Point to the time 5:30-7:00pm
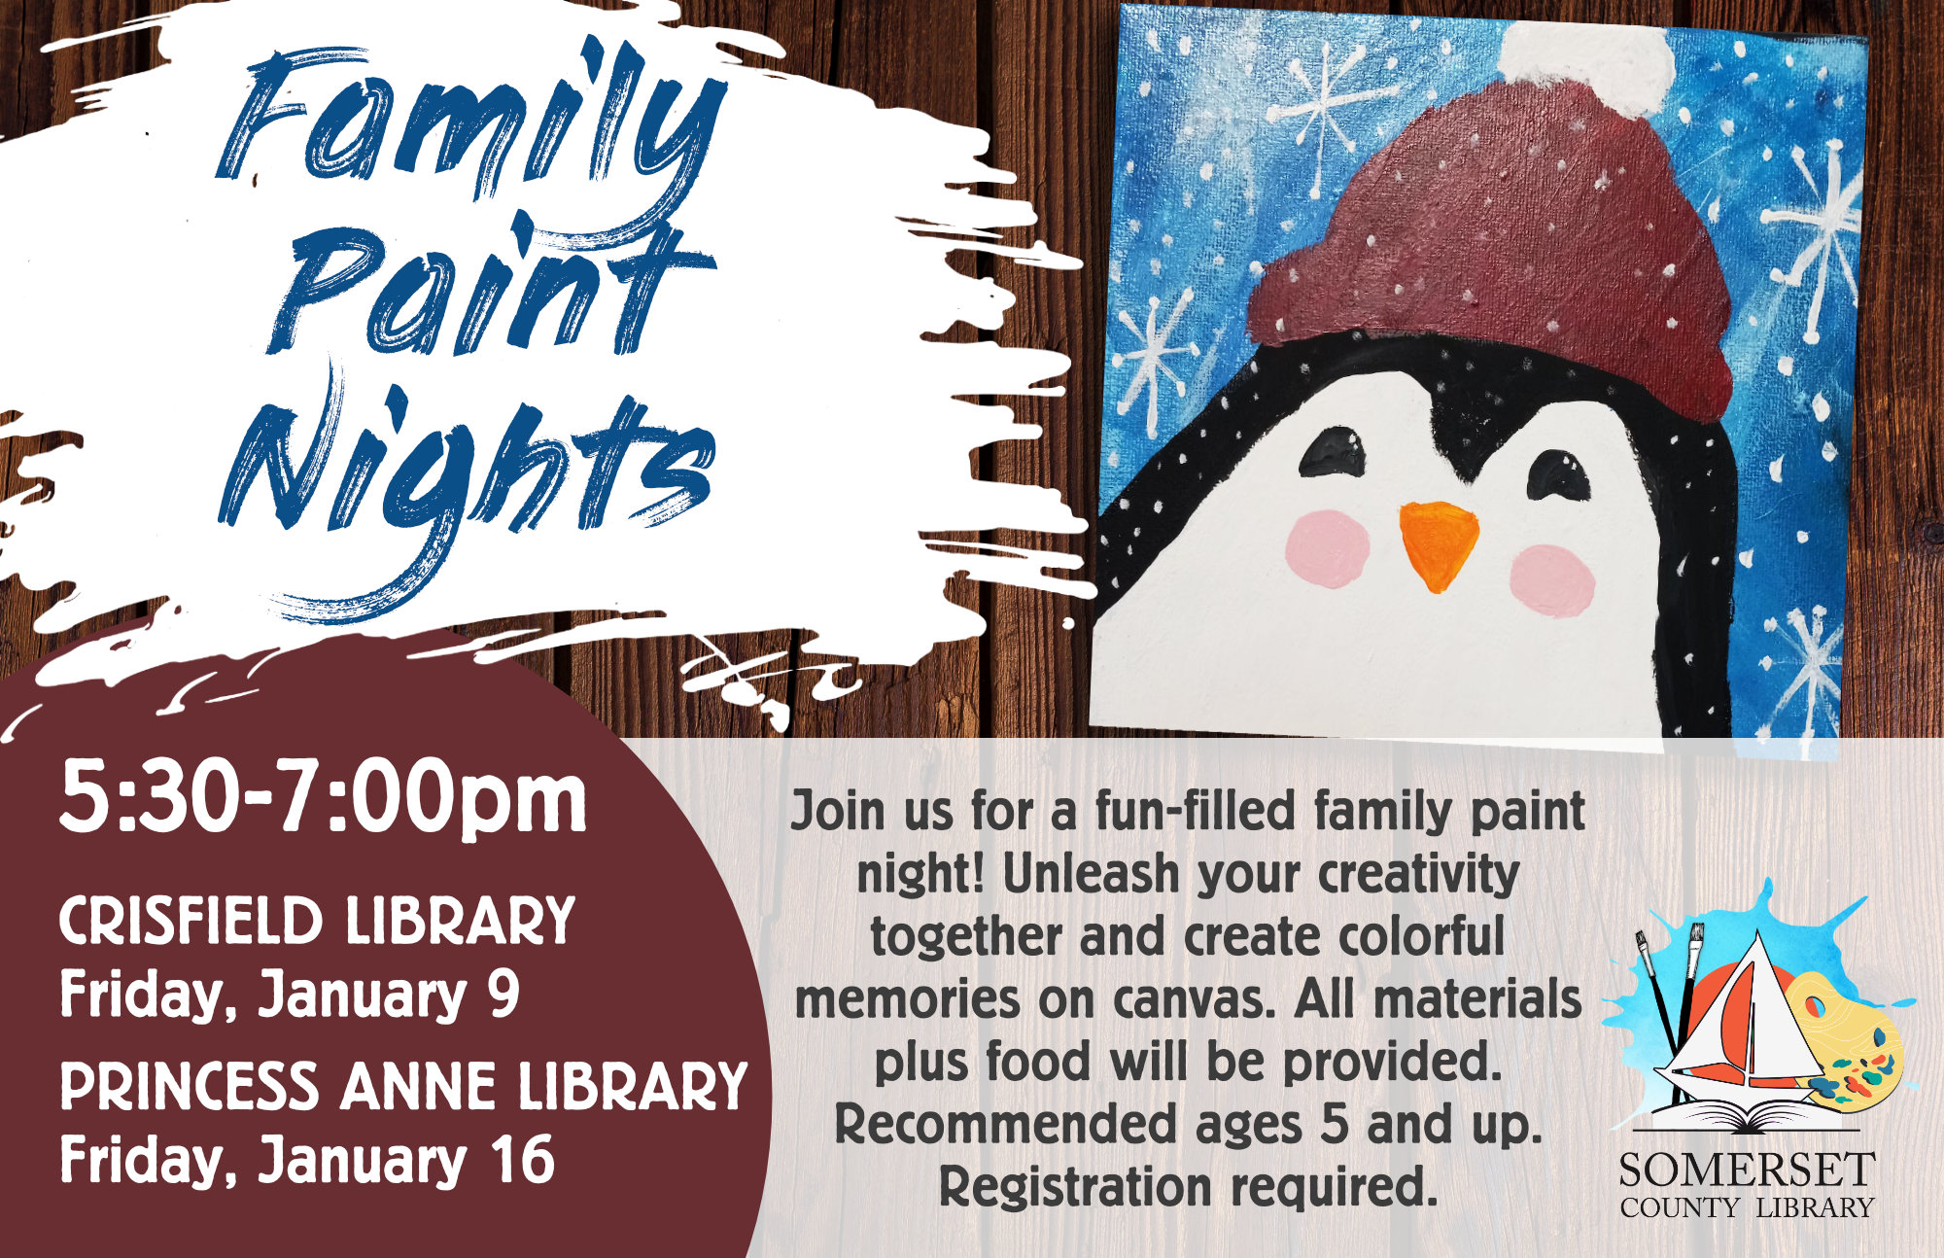tap(324, 800)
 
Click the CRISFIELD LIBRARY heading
tap(317, 921)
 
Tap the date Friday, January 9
tap(290, 995)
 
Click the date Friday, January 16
tap(307, 1160)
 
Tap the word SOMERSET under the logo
tap(1746, 1170)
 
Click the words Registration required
tap(1188, 1186)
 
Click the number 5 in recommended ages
tap(1334, 1125)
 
